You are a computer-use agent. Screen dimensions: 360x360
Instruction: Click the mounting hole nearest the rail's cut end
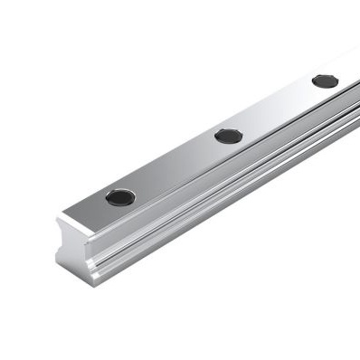(x=120, y=196)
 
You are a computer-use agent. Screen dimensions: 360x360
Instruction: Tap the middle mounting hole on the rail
(x=229, y=137)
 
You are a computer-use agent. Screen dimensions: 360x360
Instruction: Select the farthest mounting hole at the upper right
(x=325, y=81)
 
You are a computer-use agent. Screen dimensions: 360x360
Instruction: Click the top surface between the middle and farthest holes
(x=277, y=109)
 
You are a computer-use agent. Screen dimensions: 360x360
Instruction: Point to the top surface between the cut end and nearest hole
(x=90, y=214)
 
